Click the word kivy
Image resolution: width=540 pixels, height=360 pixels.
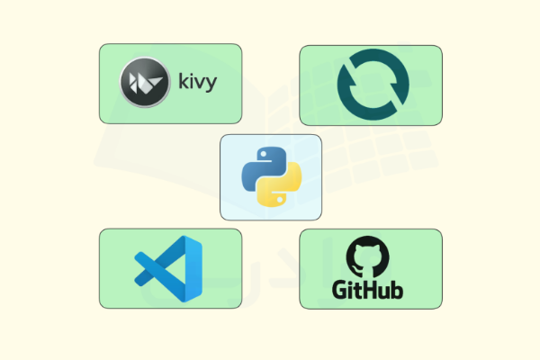(x=197, y=82)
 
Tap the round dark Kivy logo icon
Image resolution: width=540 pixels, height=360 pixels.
(x=145, y=82)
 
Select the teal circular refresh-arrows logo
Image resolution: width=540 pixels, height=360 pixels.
(x=373, y=85)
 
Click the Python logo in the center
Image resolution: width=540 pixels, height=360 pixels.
(x=272, y=177)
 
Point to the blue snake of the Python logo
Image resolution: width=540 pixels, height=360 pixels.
(x=263, y=166)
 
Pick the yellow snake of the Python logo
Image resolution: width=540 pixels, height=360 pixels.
(x=280, y=188)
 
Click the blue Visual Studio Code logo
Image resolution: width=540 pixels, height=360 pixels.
(x=168, y=269)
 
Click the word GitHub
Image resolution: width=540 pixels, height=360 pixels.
(x=367, y=290)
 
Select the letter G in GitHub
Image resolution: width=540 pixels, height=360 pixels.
(x=339, y=291)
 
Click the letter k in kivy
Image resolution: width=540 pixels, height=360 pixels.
(x=183, y=81)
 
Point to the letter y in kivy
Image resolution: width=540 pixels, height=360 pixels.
(x=211, y=85)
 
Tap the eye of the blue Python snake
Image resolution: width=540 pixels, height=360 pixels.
(x=264, y=155)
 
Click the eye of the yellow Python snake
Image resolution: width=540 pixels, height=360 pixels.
(x=280, y=200)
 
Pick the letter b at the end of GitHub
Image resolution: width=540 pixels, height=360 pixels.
(x=397, y=290)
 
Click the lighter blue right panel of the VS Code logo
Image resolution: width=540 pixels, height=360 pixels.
(x=193, y=269)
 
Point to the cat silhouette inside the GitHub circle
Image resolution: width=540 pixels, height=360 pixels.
(x=368, y=259)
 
